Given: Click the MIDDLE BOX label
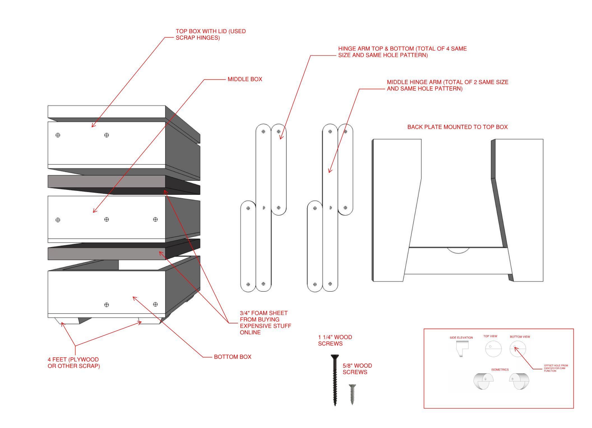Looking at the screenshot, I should point(245,79).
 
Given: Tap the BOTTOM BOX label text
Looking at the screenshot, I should point(232,357).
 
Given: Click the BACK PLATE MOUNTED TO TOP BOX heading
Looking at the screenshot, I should point(457,127).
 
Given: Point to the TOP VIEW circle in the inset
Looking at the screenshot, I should point(493,349).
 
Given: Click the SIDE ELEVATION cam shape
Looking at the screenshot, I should point(462,349).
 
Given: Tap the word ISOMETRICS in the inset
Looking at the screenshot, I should point(500,370).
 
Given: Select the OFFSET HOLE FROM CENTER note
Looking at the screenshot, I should point(556,368).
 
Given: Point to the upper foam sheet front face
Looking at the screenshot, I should point(107,181).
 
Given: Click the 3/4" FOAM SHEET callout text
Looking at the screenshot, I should point(265,323).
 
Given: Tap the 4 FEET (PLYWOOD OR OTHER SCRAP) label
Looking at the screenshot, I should point(73,363).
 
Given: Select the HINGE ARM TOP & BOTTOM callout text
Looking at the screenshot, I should point(402,52).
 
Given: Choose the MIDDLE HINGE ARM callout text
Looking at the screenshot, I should point(447,85).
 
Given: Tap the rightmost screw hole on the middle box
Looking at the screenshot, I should point(155,219).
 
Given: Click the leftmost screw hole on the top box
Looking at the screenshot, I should point(58,135).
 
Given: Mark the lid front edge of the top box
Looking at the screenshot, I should point(107,112).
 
